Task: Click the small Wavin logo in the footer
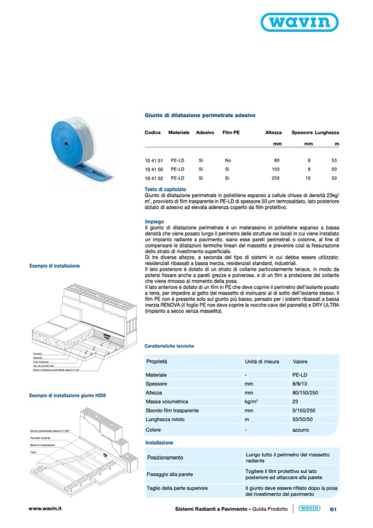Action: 310,509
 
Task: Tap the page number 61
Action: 333,510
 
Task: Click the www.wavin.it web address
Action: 45,509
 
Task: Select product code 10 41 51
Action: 153,160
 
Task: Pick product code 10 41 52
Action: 153,179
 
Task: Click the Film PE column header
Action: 231,133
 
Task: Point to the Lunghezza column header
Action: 327,133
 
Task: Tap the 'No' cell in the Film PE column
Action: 227,160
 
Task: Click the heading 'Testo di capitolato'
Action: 165,189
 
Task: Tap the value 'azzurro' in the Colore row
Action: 301,429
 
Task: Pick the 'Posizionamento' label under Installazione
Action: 165,458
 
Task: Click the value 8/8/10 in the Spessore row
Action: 301,383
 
